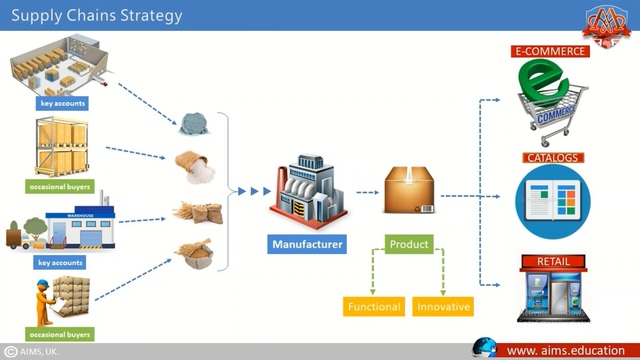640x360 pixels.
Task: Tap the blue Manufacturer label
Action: coord(307,242)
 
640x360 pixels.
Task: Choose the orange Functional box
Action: coord(374,307)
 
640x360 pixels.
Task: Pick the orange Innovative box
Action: coord(441,307)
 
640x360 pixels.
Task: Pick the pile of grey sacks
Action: coord(194,123)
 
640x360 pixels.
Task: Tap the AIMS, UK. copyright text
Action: coord(34,351)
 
